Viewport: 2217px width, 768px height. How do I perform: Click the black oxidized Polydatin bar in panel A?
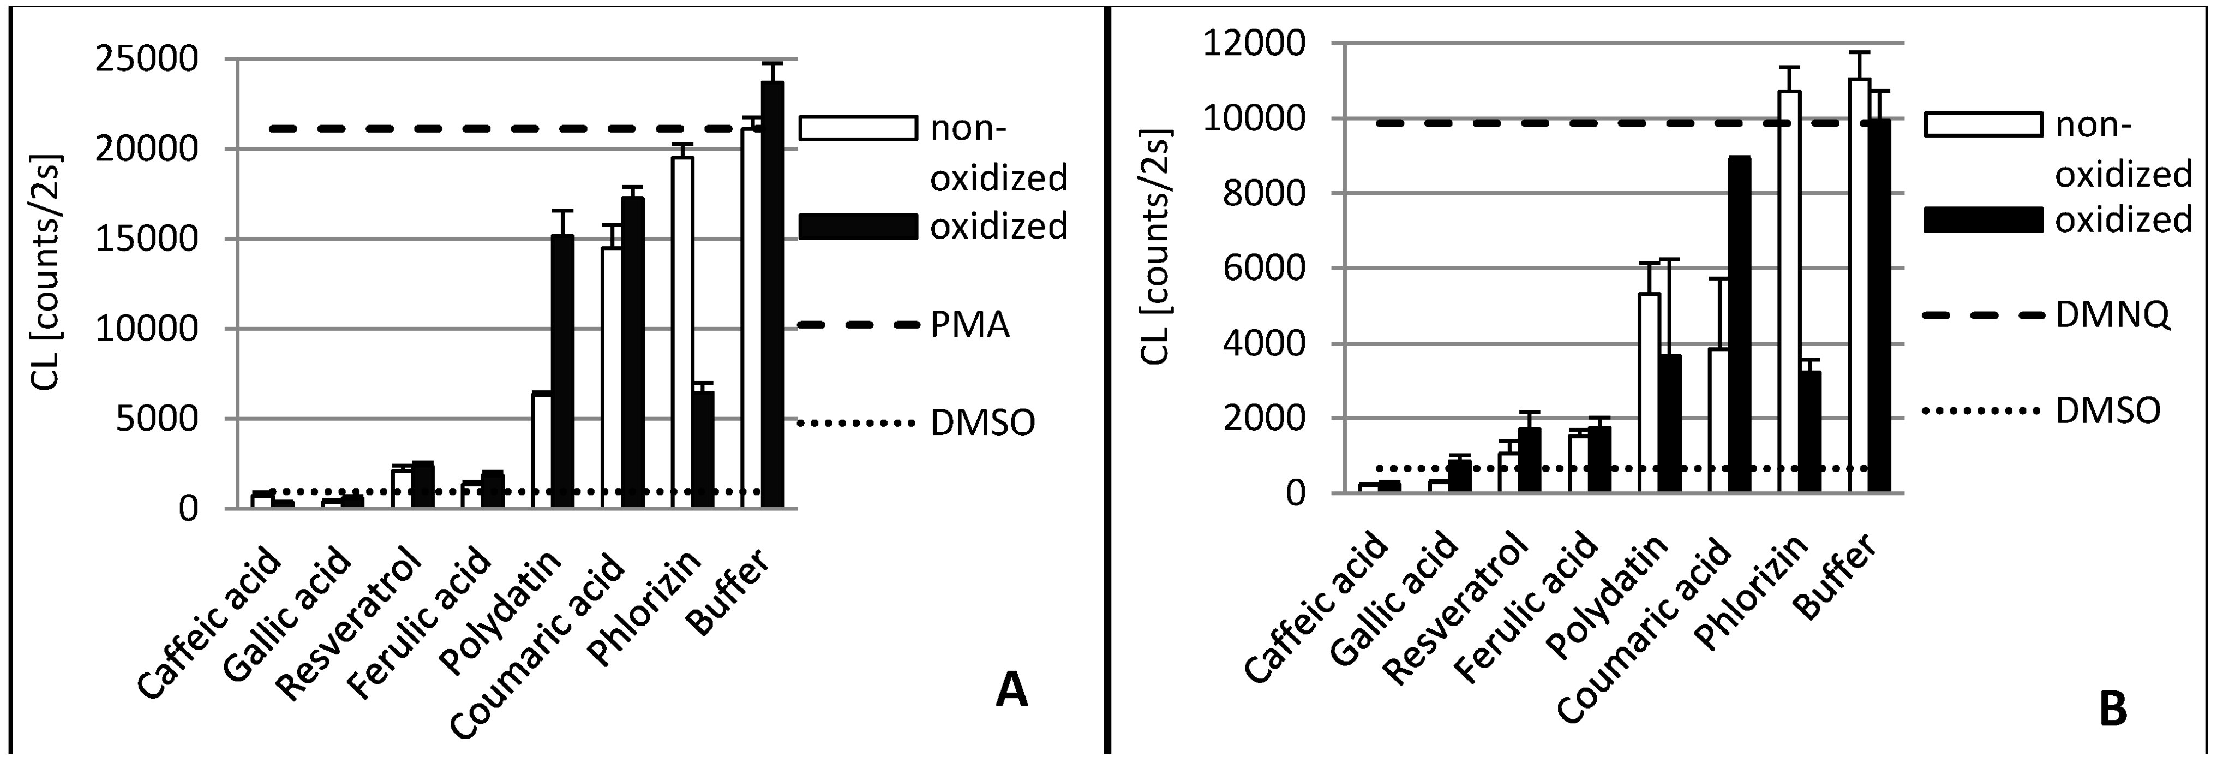563,370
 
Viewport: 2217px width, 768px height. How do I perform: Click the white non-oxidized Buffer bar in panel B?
1859,284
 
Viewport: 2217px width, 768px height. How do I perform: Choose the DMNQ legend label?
2112,316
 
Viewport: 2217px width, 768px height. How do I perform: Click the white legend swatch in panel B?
1983,124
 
